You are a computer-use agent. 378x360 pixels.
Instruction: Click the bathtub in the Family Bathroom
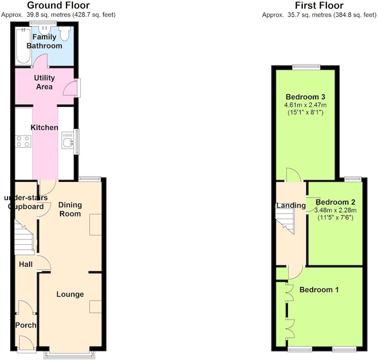coord(23,46)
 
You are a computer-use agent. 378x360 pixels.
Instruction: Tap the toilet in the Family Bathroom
coord(65,33)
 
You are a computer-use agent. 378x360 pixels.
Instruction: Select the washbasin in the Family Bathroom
coord(45,30)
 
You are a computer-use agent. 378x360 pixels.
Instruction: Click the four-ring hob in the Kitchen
coord(23,142)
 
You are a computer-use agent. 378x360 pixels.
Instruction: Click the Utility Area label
coord(45,82)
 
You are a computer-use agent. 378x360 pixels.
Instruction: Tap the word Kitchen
coord(45,127)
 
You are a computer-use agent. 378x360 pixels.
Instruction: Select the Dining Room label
coord(70,209)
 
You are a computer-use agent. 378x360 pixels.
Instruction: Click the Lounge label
coord(70,294)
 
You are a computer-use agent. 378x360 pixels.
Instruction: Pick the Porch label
coord(25,325)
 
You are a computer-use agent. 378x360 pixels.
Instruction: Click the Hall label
coord(25,264)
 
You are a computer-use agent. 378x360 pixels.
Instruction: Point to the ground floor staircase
coord(24,237)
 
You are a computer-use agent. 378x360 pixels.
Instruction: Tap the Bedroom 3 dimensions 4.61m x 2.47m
coord(305,105)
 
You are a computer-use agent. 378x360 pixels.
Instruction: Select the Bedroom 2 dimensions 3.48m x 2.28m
coord(335,210)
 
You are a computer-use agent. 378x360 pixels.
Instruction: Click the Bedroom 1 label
coord(319,290)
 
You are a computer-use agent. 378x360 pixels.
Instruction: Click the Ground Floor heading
coord(58,5)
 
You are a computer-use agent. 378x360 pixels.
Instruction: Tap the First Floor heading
coord(319,5)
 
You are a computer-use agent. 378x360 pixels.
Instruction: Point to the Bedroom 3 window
coord(306,67)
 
